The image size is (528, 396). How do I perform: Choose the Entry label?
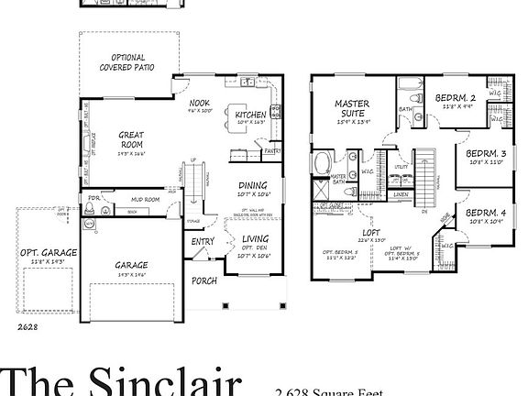203,242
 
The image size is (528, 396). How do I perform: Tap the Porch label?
203,280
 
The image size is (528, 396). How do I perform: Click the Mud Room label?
146,199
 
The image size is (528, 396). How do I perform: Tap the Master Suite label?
351,109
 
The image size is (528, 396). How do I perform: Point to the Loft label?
370,233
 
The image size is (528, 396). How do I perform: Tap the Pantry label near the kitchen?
271,151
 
